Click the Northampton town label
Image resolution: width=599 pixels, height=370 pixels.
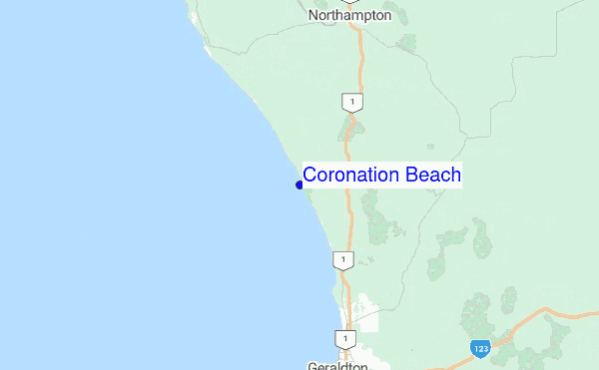(x=349, y=16)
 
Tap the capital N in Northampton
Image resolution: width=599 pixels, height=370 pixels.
(x=314, y=16)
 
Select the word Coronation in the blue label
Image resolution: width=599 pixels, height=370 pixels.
(x=350, y=176)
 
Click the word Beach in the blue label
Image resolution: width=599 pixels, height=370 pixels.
(x=433, y=176)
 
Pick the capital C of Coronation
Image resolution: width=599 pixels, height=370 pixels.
(x=310, y=176)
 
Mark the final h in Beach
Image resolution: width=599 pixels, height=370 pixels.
(x=455, y=176)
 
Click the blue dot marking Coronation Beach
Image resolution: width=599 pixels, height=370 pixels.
(x=299, y=185)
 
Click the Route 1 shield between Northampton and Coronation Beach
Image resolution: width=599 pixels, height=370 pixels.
(x=350, y=102)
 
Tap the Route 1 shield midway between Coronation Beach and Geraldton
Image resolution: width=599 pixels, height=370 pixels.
(x=341, y=260)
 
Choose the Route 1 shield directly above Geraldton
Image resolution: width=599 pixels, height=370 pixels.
(x=343, y=339)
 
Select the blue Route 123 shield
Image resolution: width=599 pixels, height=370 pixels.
(x=481, y=348)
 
